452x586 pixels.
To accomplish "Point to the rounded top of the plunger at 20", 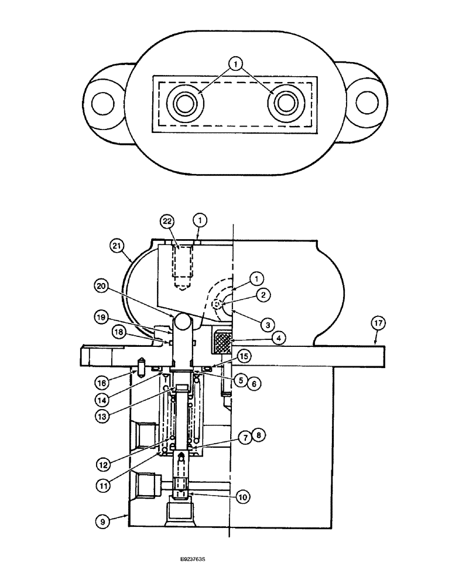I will coord(182,322).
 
